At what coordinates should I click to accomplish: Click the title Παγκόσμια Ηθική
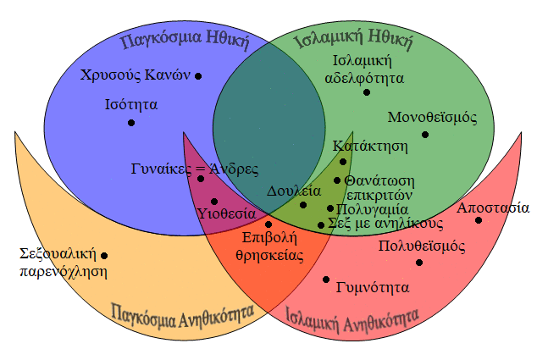[185, 40]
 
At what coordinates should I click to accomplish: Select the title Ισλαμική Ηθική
[354, 40]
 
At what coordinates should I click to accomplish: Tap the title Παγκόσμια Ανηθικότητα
[183, 315]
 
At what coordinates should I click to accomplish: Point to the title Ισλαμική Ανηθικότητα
[352, 319]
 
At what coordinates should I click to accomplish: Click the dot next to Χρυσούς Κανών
[198, 76]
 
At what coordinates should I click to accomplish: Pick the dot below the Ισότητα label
[131, 123]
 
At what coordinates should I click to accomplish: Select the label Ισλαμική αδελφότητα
[364, 69]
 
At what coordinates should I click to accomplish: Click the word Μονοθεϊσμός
[432, 118]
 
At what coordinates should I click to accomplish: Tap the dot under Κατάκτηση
[343, 162]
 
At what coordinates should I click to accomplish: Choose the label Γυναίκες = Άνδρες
[195, 169]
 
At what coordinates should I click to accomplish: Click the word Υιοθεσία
[227, 213]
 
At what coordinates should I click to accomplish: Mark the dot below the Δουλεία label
[303, 205]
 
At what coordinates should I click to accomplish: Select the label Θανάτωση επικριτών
[379, 188]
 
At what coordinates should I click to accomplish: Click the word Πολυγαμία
[373, 209]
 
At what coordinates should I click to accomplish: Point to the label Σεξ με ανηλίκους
[385, 224]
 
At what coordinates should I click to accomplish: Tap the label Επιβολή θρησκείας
[269, 246]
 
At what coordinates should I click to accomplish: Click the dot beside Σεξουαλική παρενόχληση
[104, 256]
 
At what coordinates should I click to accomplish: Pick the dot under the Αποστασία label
[479, 220]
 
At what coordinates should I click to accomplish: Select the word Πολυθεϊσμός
[422, 246]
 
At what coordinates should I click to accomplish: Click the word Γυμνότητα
[373, 287]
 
